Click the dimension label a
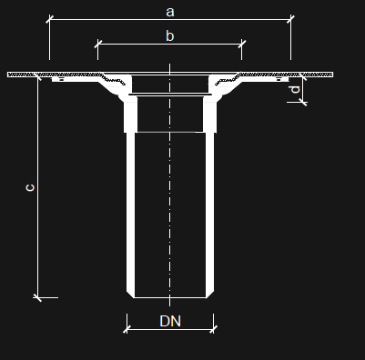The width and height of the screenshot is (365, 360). point(170,12)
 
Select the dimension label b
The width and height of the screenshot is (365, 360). point(170,35)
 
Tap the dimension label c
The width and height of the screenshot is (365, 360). point(30,187)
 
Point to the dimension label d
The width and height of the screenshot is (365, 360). point(295,90)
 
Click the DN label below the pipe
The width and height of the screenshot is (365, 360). point(170,321)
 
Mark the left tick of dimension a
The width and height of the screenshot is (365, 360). point(49,19)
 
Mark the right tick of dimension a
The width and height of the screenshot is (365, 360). point(290,19)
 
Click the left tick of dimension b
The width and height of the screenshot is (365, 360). point(97,44)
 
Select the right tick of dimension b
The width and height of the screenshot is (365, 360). point(241,44)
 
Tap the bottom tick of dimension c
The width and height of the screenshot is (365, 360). point(37,297)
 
